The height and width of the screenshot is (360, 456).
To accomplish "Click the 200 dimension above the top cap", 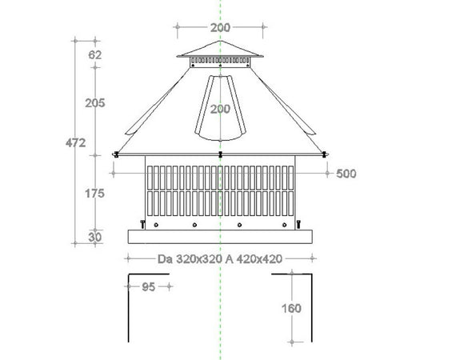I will [220, 27].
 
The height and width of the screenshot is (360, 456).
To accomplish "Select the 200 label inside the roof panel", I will [220, 110].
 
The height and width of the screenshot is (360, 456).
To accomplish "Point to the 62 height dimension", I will [95, 55].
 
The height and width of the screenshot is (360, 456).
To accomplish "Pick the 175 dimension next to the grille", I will [95, 193].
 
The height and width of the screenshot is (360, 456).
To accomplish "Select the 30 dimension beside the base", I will [95, 236].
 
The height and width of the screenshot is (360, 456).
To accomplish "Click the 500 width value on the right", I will [346, 173].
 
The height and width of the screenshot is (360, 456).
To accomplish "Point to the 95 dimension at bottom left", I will [148, 287].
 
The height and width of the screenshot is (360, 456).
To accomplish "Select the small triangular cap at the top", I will [220, 49].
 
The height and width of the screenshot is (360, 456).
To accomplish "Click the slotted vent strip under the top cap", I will [220, 61].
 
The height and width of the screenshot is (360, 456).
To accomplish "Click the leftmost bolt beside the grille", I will [142, 223].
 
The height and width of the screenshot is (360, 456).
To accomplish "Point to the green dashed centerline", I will [221, 320].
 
